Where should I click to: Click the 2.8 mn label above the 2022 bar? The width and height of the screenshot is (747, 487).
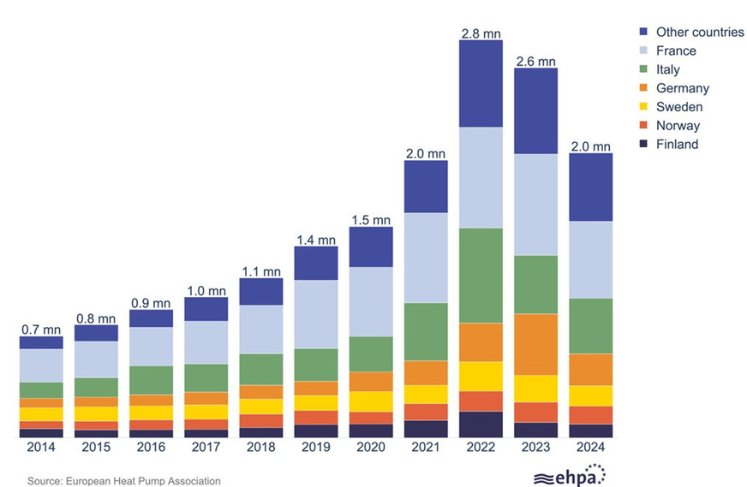point(481,33)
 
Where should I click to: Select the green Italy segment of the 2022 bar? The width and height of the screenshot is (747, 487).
point(481,275)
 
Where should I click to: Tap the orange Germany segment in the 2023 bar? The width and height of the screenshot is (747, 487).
point(535,344)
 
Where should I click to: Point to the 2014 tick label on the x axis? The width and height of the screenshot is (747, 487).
point(41,448)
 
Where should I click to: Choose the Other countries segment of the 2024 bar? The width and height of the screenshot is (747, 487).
point(591,187)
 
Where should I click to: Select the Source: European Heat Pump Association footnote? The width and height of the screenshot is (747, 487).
point(124,481)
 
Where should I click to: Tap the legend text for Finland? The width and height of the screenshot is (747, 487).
point(677,145)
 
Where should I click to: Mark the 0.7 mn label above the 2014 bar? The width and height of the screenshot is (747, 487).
point(41,330)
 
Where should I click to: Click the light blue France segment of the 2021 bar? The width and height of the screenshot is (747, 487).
point(426,258)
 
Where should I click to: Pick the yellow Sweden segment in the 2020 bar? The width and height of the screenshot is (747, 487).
point(371,401)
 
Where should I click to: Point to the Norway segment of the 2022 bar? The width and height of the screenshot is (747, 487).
point(481,401)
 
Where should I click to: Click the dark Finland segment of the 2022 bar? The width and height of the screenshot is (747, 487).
point(481,424)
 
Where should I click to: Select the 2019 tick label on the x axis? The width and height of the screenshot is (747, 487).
point(316,448)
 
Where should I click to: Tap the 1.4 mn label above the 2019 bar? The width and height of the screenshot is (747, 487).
point(316,240)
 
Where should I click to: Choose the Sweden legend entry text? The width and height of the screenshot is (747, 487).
point(679,107)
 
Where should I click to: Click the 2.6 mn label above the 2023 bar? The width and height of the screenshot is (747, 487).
point(535,62)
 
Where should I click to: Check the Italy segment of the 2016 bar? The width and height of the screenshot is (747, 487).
point(151,380)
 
